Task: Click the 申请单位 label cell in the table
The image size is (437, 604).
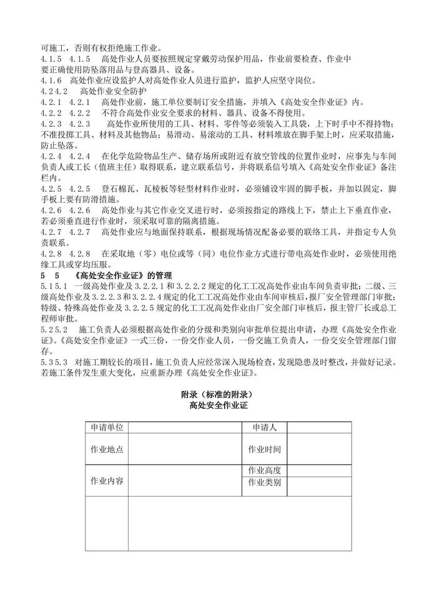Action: pos(107,427)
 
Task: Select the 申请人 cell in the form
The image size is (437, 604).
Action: pos(264,427)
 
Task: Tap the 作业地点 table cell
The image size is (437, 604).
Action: pos(107,449)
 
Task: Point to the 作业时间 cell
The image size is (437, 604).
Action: pos(264,449)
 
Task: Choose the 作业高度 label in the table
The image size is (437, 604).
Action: pos(264,470)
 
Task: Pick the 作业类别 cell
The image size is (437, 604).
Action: pos(264,483)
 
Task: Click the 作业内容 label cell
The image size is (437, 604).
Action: pos(107,481)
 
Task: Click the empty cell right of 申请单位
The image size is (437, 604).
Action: pos(185,427)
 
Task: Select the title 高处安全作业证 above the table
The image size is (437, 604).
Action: pos(219,406)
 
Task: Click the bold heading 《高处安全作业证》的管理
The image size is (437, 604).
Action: pos(123,276)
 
